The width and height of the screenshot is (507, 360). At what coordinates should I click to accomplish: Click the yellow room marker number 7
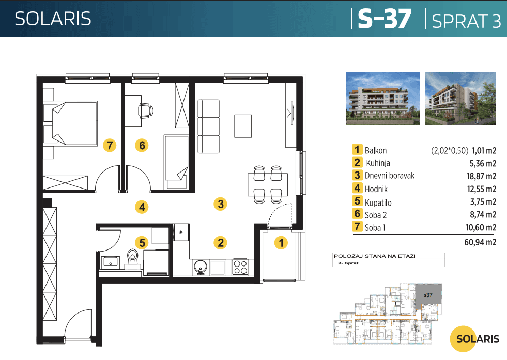pyautogui.click(x=110, y=145)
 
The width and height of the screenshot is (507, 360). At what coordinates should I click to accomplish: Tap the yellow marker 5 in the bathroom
pyautogui.click(x=141, y=242)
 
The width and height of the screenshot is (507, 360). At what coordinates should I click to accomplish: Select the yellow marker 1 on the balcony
pyautogui.click(x=281, y=242)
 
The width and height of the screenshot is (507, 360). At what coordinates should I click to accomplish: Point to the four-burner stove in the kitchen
pyautogui.click(x=240, y=267)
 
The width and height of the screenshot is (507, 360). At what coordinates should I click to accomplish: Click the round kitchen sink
pyautogui.click(x=200, y=267)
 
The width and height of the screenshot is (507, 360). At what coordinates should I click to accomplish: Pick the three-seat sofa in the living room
pyautogui.click(x=209, y=127)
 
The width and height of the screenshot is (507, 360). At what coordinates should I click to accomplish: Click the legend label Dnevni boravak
pyautogui.click(x=390, y=176)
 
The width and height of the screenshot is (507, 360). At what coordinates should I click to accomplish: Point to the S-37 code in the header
pyautogui.click(x=385, y=19)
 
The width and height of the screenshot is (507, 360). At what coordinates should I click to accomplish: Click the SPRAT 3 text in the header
pyautogui.click(x=466, y=20)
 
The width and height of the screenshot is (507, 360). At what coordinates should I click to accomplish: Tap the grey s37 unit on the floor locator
pyautogui.click(x=428, y=295)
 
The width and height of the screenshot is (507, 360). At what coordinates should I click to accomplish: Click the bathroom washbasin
pyautogui.click(x=111, y=262)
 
